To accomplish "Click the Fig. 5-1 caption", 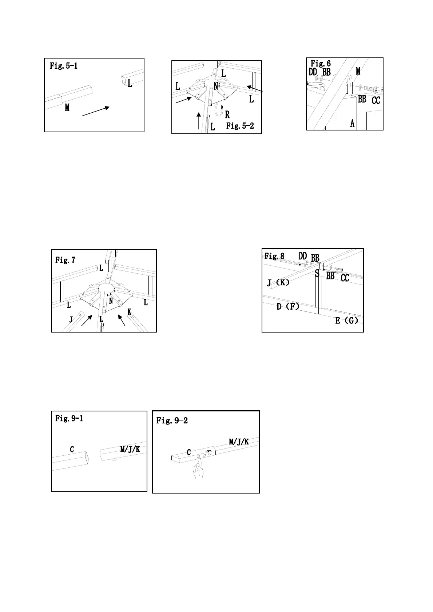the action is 64,66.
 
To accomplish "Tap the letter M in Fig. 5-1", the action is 67,108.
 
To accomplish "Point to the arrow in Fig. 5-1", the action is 96,111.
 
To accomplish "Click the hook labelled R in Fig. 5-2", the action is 219,110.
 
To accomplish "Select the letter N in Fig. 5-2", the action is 216,86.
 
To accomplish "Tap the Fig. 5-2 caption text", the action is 240,126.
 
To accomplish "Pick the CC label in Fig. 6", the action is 376,100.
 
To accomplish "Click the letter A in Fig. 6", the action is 352,124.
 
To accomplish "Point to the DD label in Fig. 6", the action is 313,72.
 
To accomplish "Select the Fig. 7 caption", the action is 65,260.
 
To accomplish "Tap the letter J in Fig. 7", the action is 71,319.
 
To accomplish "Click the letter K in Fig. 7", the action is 129,312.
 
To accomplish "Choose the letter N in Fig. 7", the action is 111,301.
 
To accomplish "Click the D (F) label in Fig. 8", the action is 288,306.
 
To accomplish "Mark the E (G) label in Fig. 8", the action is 346,321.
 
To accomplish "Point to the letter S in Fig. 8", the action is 317,274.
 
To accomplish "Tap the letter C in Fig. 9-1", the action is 72,450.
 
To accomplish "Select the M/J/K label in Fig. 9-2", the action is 239,442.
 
